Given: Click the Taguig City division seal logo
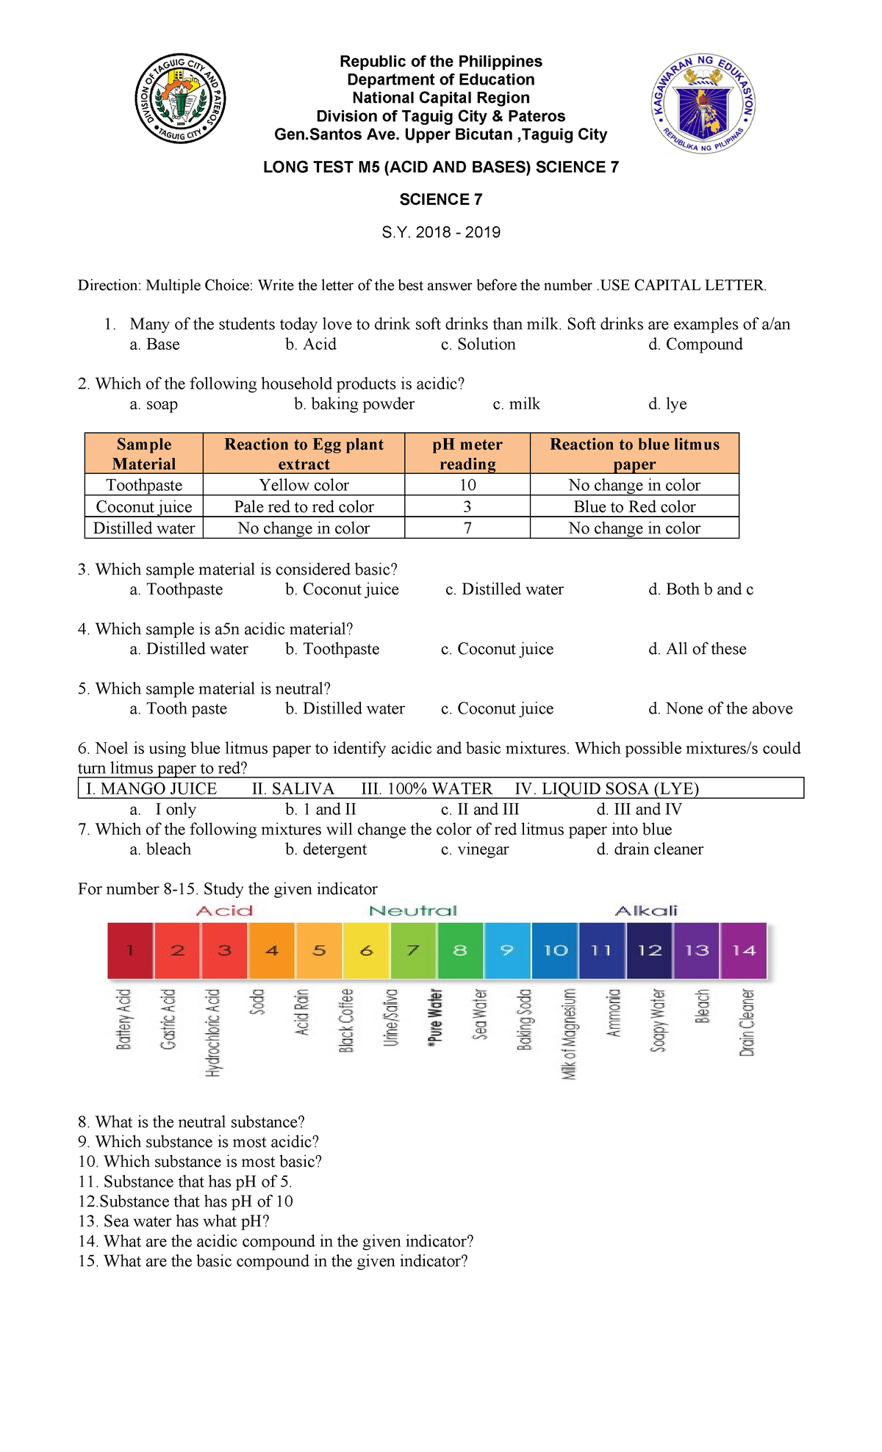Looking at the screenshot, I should click(181, 98).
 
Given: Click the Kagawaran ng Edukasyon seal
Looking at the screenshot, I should click(703, 104).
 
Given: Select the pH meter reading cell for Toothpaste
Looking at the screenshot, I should click(467, 485).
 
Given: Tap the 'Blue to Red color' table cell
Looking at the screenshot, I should click(634, 506).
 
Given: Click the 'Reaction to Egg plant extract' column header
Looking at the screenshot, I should click(304, 453).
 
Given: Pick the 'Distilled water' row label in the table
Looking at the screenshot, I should click(144, 528).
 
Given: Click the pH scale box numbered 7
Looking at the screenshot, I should click(413, 950).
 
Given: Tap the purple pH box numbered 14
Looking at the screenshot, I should click(744, 950).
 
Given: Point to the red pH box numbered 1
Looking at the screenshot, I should click(130, 950).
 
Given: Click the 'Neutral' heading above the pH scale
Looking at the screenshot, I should click(412, 910).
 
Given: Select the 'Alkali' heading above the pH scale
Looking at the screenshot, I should click(645, 910).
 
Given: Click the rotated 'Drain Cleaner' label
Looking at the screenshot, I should click(747, 1022).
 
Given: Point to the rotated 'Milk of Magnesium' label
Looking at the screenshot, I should click(569, 1033).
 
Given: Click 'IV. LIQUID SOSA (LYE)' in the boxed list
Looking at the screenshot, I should click(606, 788).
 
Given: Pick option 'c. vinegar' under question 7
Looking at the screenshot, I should click(475, 849).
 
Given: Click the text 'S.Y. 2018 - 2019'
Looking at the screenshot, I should click(441, 232).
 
